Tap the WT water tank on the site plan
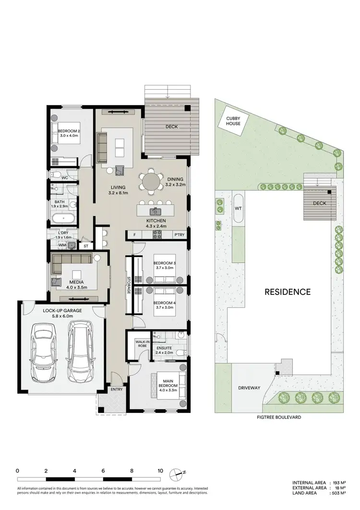(238, 208)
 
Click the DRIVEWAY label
(248, 388)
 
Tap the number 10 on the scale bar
(160, 471)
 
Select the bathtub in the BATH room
(63, 220)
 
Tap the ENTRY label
(117, 389)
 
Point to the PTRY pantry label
(180, 235)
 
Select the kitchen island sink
(155, 210)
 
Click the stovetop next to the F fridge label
(157, 235)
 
